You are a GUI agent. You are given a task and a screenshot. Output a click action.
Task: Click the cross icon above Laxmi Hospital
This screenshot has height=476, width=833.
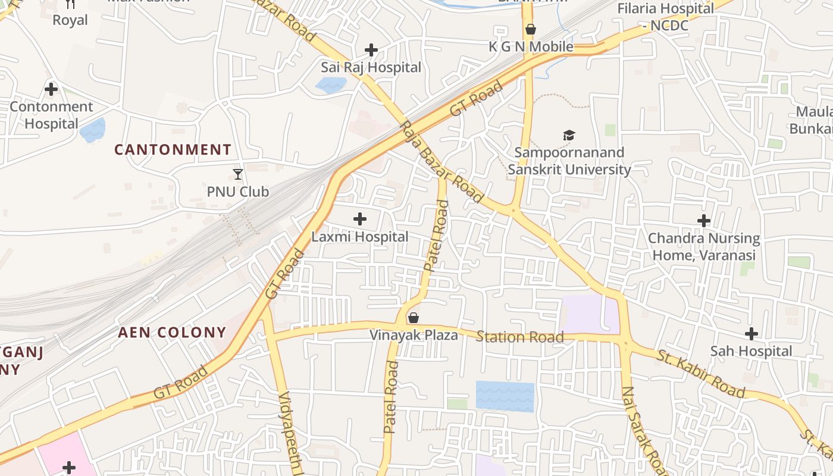360,219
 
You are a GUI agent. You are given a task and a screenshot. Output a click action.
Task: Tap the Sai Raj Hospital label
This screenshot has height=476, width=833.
371,67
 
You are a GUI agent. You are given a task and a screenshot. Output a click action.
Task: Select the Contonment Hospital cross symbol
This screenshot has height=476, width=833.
51,89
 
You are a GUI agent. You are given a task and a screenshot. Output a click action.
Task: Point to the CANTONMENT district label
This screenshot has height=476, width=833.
173,149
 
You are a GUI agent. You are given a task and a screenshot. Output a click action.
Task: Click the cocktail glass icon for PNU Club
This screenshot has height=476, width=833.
238,174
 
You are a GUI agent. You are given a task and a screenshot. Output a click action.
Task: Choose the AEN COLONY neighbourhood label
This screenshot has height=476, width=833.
172,332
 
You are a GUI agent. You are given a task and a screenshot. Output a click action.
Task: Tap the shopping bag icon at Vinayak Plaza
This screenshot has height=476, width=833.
414,318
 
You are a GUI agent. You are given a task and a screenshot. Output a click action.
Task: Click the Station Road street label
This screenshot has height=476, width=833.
520,337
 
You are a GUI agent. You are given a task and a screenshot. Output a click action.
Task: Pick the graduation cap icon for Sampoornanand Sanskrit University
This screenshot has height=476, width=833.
569,136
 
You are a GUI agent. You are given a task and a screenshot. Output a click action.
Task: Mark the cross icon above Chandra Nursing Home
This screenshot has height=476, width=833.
704,221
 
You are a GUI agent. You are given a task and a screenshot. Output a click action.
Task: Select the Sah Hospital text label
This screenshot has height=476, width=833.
751,351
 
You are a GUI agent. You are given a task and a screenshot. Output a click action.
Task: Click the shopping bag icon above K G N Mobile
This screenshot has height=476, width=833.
531,29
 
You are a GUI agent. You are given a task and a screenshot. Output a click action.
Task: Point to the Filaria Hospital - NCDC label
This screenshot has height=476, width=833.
665,17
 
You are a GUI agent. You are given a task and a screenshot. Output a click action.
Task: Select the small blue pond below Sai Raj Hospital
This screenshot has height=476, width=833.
331,85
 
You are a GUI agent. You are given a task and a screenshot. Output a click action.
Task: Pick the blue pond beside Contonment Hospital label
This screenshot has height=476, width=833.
92,130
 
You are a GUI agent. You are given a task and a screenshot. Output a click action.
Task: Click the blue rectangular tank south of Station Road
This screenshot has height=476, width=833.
505,396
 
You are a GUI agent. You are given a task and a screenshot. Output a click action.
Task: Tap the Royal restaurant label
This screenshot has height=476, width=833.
70,20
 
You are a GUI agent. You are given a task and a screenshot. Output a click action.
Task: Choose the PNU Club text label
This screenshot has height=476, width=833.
238,192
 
